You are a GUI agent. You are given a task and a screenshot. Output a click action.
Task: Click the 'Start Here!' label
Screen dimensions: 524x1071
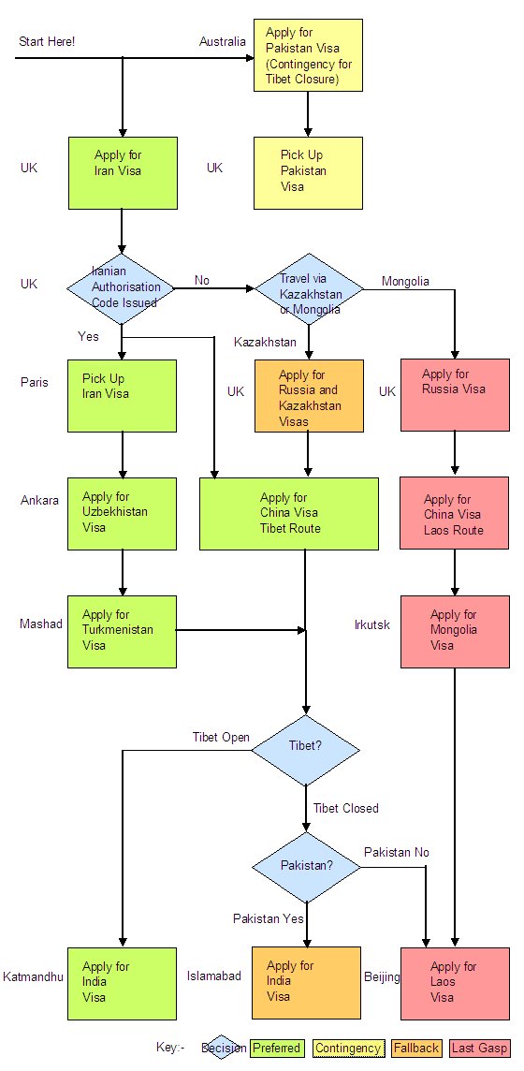pyautogui.click(x=47, y=42)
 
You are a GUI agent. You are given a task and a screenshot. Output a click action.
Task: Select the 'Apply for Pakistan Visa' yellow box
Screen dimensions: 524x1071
pyautogui.click(x=308, y=55)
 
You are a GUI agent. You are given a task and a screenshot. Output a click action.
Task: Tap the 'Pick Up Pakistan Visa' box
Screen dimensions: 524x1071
pyautogui.click(x=308, y=173)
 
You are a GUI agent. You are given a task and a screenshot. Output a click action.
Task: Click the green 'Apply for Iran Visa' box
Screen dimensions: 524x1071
pyautogui.click(x=122, y=173)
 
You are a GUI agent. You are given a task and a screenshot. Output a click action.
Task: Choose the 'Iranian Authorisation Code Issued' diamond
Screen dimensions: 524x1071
pyautogui.click(x=121, y=289)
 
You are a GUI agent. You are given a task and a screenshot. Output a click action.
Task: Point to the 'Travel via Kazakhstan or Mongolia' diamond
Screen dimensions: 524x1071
pyautogui.click(x=309, y=289)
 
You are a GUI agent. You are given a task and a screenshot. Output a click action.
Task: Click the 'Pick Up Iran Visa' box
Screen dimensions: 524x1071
pyautogui.click(x=122, y=395)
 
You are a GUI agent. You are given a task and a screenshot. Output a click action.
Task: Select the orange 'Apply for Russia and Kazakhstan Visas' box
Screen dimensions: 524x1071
pyautogui.click(x=309, y=395)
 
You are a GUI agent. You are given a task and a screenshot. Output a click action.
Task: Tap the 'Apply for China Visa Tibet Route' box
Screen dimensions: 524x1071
pyautogui.click(x=288, y=514)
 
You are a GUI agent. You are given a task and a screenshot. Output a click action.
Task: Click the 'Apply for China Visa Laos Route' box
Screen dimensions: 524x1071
pyautogui.click(x=455, y=514)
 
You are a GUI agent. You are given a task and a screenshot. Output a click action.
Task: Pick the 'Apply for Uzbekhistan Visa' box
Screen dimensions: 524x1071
pyautogui.click(x=122, y=514)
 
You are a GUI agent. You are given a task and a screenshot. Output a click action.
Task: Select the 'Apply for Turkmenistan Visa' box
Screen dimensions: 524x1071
pyautogui.click(x=122, y=631)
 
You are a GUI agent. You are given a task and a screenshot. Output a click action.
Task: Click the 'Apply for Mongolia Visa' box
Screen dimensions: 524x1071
pyautogui.click(x=455, y=631)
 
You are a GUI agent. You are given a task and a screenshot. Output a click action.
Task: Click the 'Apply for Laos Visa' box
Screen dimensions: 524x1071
pyautogui.click(x=455, y=984)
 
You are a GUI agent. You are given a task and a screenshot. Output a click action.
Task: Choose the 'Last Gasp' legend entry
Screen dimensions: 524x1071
pyautogui.click(x=480, y=1048)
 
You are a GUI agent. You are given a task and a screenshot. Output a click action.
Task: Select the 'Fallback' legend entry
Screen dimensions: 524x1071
pyautogui.click(x=416, y=1048)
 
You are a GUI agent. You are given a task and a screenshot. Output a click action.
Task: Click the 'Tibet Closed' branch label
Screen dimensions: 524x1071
pyautogui.click(x=346, y=808)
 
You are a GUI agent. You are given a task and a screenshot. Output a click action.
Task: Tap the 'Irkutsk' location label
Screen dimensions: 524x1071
pyautogui.click(x=372, y=624)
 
